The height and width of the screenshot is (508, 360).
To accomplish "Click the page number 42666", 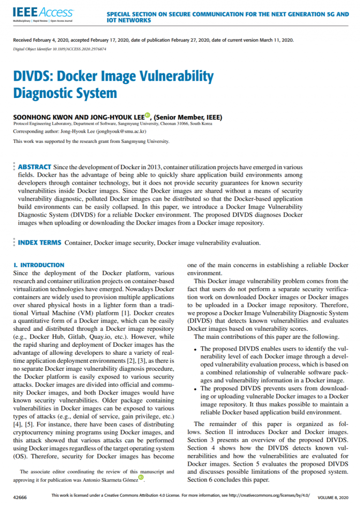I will tap(20, 496).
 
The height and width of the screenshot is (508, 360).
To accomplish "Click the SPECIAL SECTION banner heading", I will tap(228, 17).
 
